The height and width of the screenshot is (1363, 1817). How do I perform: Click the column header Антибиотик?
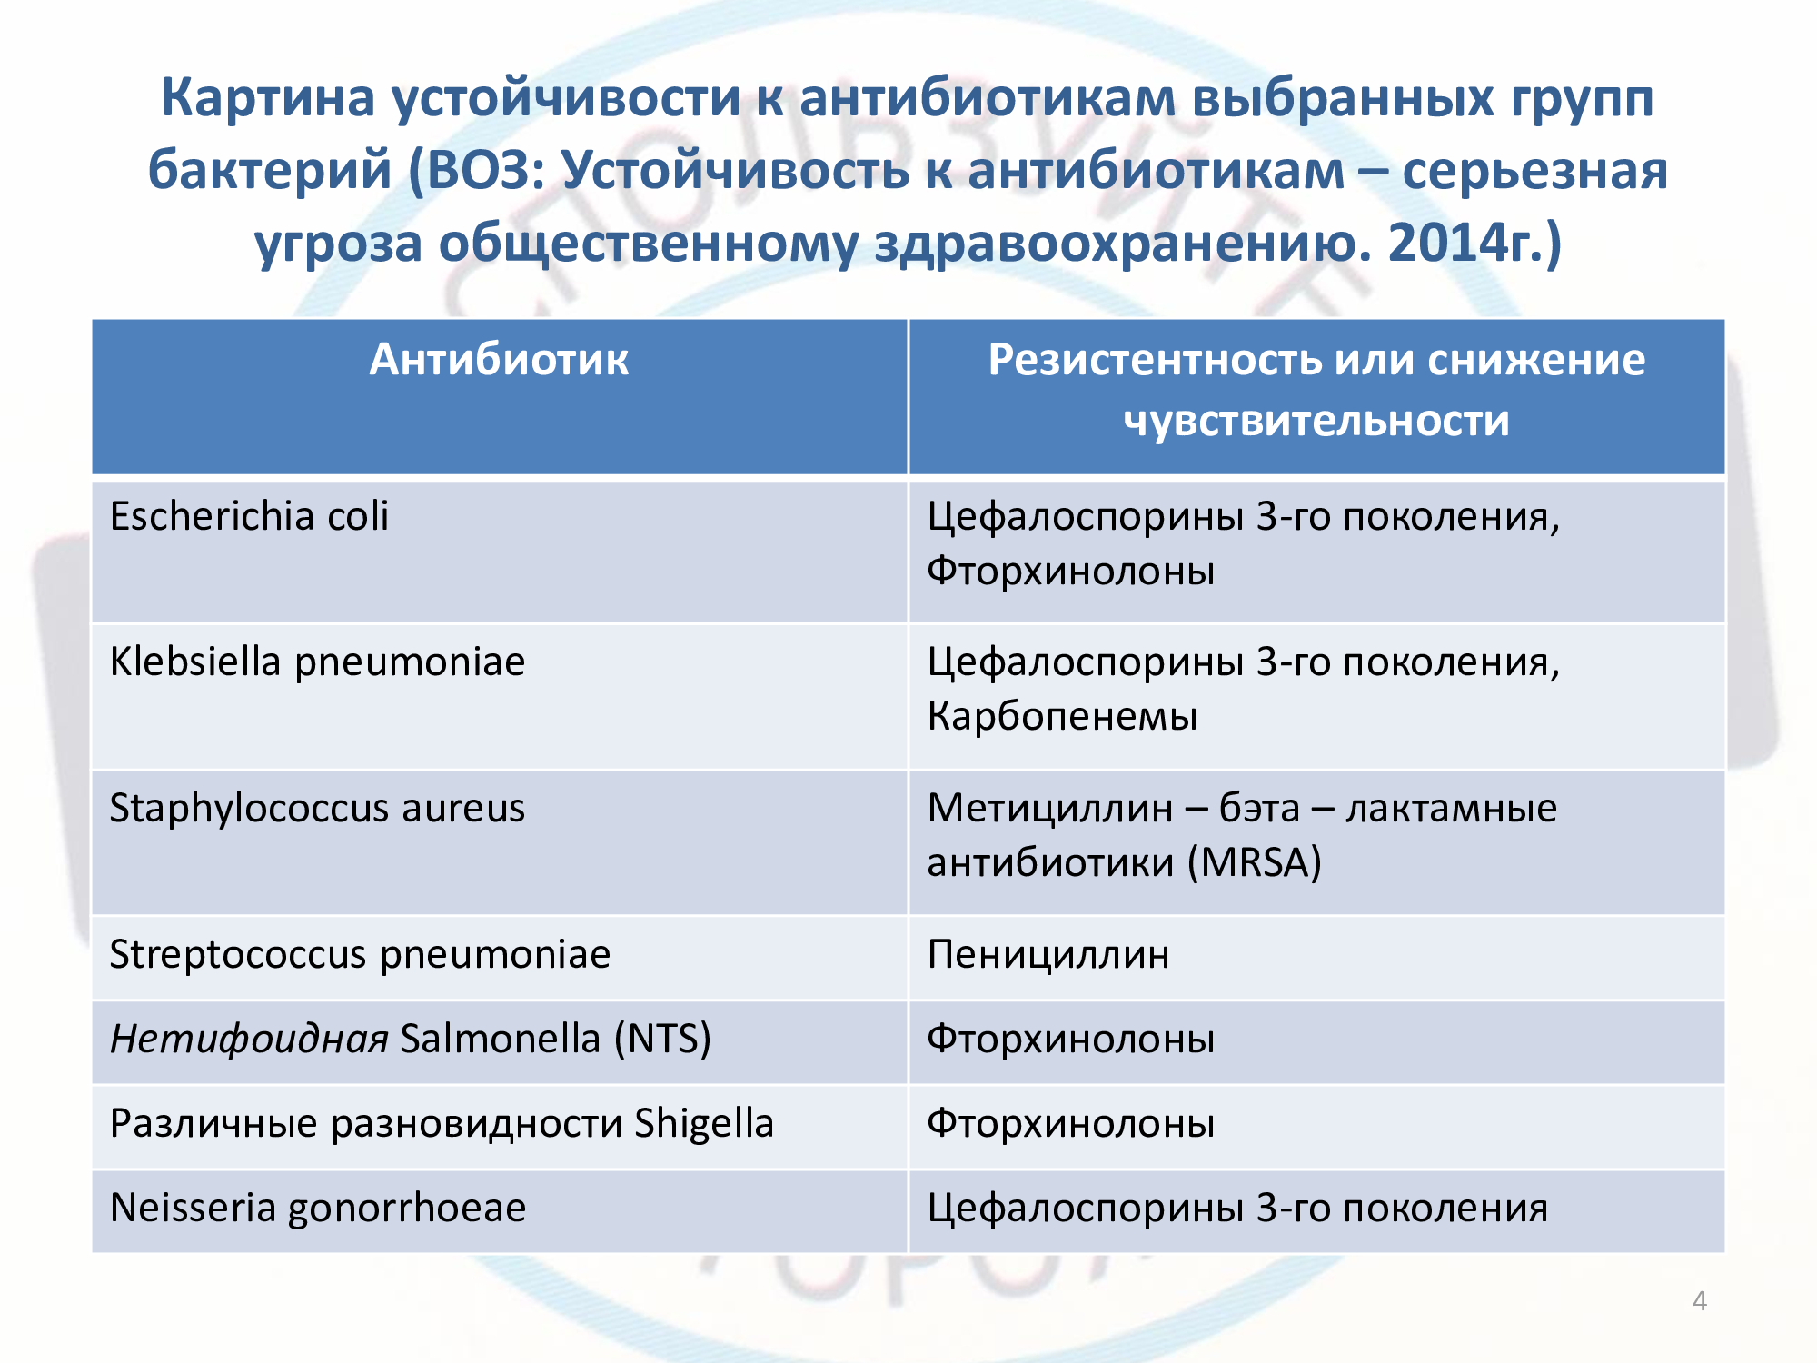[498, 360]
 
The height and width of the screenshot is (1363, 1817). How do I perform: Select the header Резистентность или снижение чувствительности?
[1316, 391]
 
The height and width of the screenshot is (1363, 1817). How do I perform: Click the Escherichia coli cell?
[249, 516]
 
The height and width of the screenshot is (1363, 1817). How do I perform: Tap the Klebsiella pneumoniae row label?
[317, 662]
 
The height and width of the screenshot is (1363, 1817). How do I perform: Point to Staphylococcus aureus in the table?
[317, 808]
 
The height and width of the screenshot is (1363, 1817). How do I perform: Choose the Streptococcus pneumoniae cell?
[360, 954]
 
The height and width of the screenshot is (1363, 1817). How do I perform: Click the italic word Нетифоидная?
[249, 1039]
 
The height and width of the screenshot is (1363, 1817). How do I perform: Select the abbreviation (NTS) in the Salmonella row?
[662, 1039]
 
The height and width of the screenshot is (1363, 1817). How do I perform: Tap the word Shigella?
[704, 1124]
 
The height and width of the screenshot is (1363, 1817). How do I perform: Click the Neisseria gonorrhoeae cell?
[318, 1209]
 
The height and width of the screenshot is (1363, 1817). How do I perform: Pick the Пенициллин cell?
[1048, 955]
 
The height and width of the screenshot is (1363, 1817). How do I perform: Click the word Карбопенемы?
[1062, 717]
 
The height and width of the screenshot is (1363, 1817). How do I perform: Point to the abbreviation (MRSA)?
[1255, 862]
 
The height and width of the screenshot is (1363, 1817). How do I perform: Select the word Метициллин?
[1050, 808]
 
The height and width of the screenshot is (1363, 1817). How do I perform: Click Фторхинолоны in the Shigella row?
[1070, 1124]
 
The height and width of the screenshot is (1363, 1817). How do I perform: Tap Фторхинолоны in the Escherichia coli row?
[1070, 572]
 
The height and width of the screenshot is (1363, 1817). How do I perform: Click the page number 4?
[1700, 1301]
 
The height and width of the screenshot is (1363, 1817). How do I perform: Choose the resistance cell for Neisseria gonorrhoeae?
[1237, 1209]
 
